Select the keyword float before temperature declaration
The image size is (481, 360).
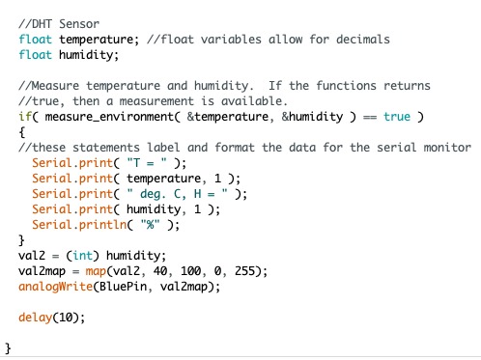[36, 39]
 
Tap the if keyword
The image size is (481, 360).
[24, 117]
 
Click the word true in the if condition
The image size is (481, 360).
[397, 117]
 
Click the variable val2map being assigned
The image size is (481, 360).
[43, 271]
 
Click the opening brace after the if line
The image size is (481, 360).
[22, 131]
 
